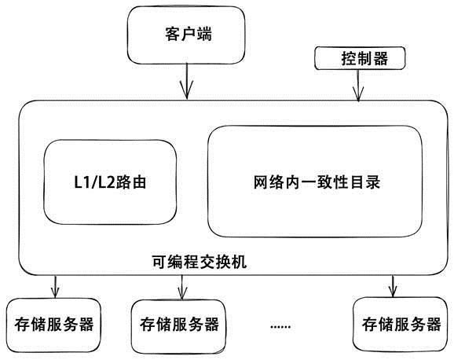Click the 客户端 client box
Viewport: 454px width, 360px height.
click(x=186, y=35)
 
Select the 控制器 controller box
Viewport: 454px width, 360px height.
click(x=360, y=58)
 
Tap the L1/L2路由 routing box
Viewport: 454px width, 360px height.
click(x=110, y=182)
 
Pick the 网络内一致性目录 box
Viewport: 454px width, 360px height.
click(x=315, y=182)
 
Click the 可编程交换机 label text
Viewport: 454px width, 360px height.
click(x=200, y=262)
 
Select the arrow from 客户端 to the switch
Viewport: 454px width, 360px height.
click(x=187, y=81)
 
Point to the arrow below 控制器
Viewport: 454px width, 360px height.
click(x=358, y=86)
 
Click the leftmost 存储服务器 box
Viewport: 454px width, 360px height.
click(x=53, y=325)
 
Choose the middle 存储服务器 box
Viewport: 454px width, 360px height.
click(x=178, y=327)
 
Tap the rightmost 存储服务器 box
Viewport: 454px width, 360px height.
click(x=401, y=324)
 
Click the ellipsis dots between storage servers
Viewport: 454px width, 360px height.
click(x=280, y=327)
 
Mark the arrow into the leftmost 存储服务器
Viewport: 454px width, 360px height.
click(x=55, y=286)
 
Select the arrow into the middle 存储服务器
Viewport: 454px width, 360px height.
click(x=181, y=287)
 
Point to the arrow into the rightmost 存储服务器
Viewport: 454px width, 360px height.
click(x=393, y=286)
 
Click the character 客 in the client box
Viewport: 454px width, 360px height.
click(x=173, y=34)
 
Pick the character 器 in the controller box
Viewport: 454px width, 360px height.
click(x=380, y=58)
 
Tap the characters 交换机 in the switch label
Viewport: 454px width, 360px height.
click(x=223, y=262)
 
